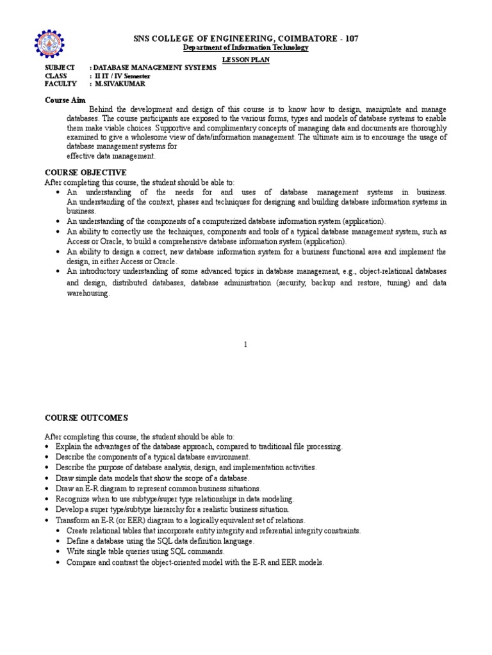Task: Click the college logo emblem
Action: pyautogui.click(x=50, y=43)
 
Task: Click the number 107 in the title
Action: pyautogui.click(x=350, y=38)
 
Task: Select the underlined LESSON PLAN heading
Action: pyautogui.click(x=245, y=59)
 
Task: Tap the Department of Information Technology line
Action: pyautogui.click(x=246, y=48)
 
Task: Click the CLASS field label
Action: pyautogui.click(x=56, y=75)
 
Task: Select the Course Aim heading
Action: pyautogui.click(x=65, y=100)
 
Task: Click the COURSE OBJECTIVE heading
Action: pyautogui.click(x=85, y=173)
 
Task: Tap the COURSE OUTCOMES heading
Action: pyautogui.click(x=86, y=418)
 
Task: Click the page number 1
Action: pyautogui.click(x=245, y=345)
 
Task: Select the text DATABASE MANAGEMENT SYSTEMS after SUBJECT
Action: pyautogui.click(x=155, y=67)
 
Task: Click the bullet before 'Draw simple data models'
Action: pyautogui.click(x=48, y=478)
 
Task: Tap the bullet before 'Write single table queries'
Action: pyautogui.click(x=58, y=551)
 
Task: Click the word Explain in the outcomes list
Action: pyautogui.click(x=69, y=446)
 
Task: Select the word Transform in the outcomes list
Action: pyautogui.click(x=73, y=520)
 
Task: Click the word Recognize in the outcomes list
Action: pyautogui.click(x=74, y=499)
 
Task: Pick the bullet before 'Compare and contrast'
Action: pyautogui.click(x=58, y=562)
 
